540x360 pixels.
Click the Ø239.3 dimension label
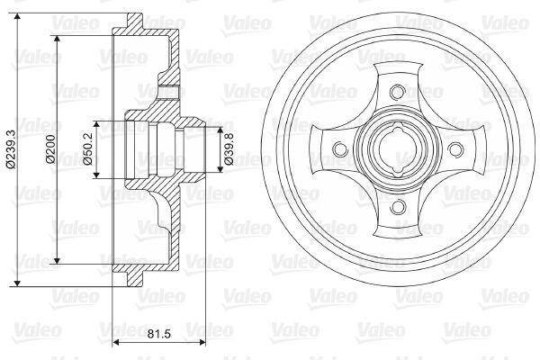pyautogui.click(x=11, y=149)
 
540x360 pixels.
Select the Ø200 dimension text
pyautogui.click(x=50, y=149)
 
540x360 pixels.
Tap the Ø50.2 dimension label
pyautogui.click(x=89, y=149)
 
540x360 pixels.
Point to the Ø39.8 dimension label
pyautogui.click(x=229, y=149)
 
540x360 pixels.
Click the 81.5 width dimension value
pyautogui.click(x=158, y=334)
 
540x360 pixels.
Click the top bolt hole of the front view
pyautogui.click(x=398, y=92)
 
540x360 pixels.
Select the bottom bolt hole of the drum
pyautogui.click(x=398, y=206)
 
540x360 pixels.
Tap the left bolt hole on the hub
pyautogui.click(x=340, y=149)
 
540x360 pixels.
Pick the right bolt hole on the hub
pyautogui.click(x=454, y=149)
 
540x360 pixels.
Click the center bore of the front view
pyautogui.click(x=398, y=149)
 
